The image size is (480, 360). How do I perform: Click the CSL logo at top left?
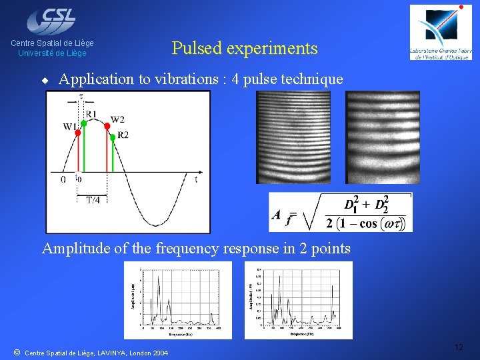pyautogui.click(x=53, y=19)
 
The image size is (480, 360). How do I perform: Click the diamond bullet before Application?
pyautogui.click(x=45, y=80)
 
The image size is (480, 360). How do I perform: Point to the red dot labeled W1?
pyautogui.click(x=78, y=133)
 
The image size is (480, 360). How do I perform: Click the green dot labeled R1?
pyautogui.click(x=84, y=123)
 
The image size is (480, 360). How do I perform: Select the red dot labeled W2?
pyautogui.click(x=107, y=126)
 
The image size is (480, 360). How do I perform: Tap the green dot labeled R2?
pyautogui.click(x=113, y=137)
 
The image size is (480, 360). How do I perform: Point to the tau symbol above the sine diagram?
pyautogui.click(x=81, y=96)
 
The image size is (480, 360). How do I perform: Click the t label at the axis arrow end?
pyautogui.click(x=196, y=179)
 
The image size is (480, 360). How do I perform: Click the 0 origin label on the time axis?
pyautogui.click(x=63, y=179)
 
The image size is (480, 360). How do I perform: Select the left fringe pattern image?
pyautogui.click(x=293, y=137)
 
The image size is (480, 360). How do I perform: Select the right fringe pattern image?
pyautogui.click(x=383, y=137)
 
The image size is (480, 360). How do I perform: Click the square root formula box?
pyautogui.click(x=341, y=213)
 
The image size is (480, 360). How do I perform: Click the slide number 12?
pyautogui.click(x=458, y=347)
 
